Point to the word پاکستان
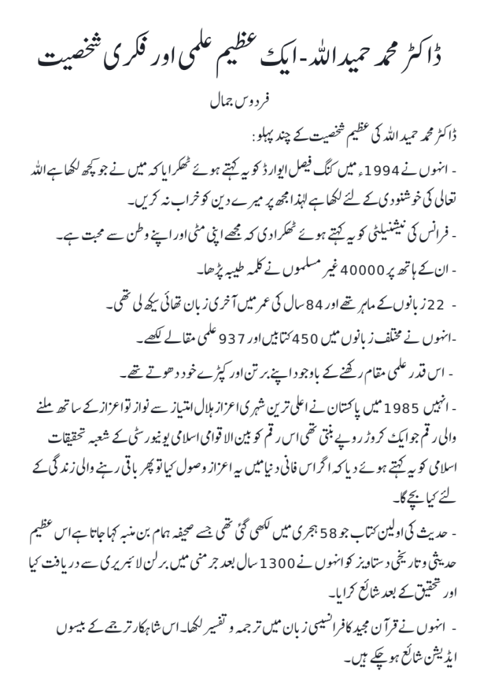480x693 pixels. (342, 408)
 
